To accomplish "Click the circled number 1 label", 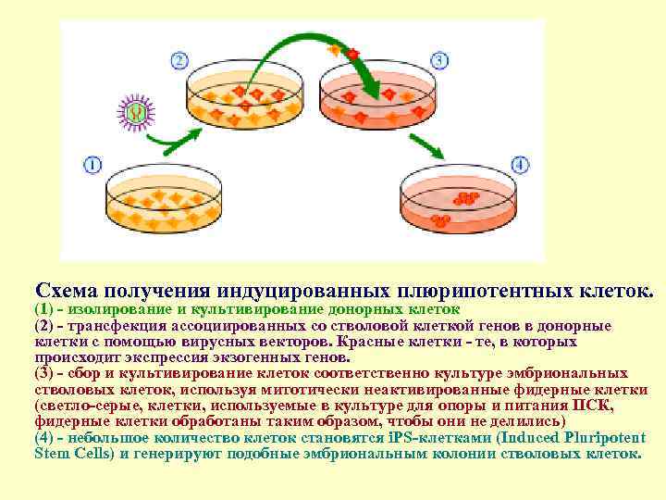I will click(x=92, y=165).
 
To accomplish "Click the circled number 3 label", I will click(x=441, y=61).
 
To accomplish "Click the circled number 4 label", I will click(x=520, y=165).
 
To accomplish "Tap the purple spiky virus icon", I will click(x=136, y=114).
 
